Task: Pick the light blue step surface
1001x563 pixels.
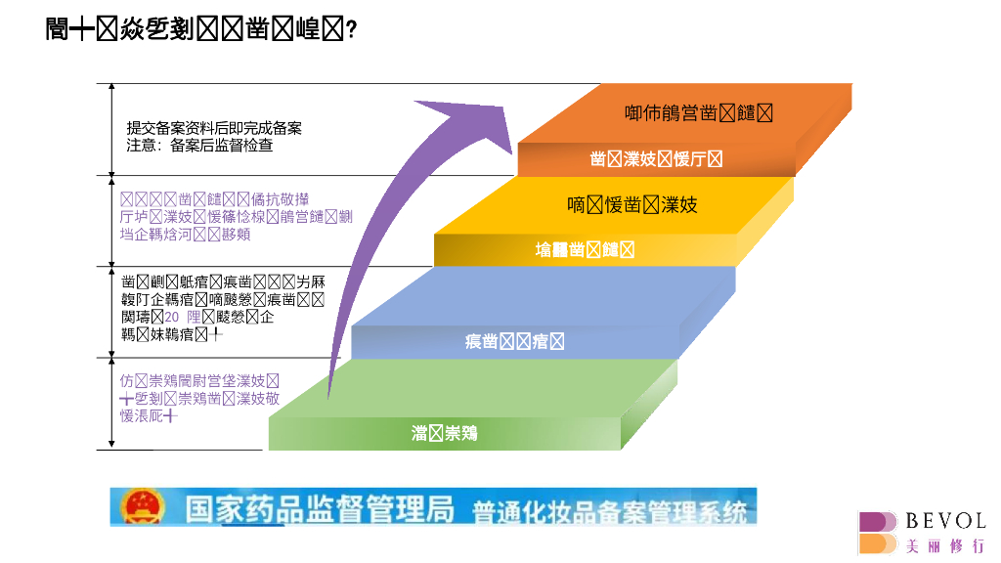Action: click(547, 293)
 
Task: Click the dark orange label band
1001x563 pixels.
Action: click(656, 159)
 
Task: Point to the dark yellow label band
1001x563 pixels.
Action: click(585, 250)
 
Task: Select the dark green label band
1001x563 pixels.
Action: click(444, 433)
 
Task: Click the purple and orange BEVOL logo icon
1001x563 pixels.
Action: click(878, 534)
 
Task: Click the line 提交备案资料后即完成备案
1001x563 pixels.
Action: click(214, 128)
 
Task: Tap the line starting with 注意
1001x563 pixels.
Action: click(199, 146)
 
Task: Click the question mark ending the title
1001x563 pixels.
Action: click(351, 30)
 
